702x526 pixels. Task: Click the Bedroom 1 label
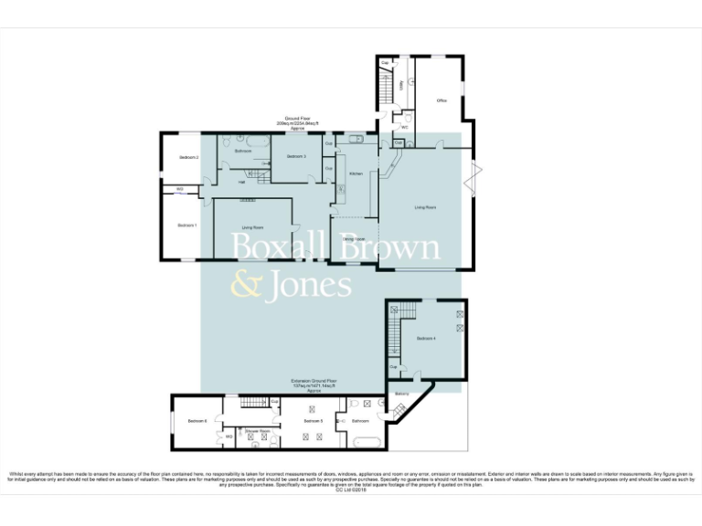tap(186, 225)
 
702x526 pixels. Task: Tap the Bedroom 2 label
tap(189, 158)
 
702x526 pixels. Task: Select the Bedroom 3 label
tap(295, 157)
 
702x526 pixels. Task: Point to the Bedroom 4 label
tap(426, 339)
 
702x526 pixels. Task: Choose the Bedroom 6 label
tap(197, 421)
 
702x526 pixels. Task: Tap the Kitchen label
tap(356, 174)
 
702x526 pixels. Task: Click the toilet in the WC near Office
tap(409, 118)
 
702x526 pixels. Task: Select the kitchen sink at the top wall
tap(354, 139)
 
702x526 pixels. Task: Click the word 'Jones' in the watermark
tap(308, 285)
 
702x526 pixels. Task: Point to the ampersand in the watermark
tap(245, 286)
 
